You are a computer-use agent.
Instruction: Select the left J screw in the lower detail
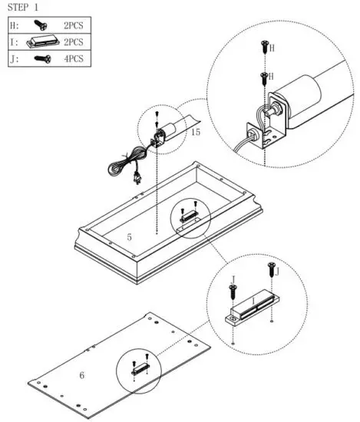tap(232, 292)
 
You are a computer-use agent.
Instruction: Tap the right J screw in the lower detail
tap(270, 271)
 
